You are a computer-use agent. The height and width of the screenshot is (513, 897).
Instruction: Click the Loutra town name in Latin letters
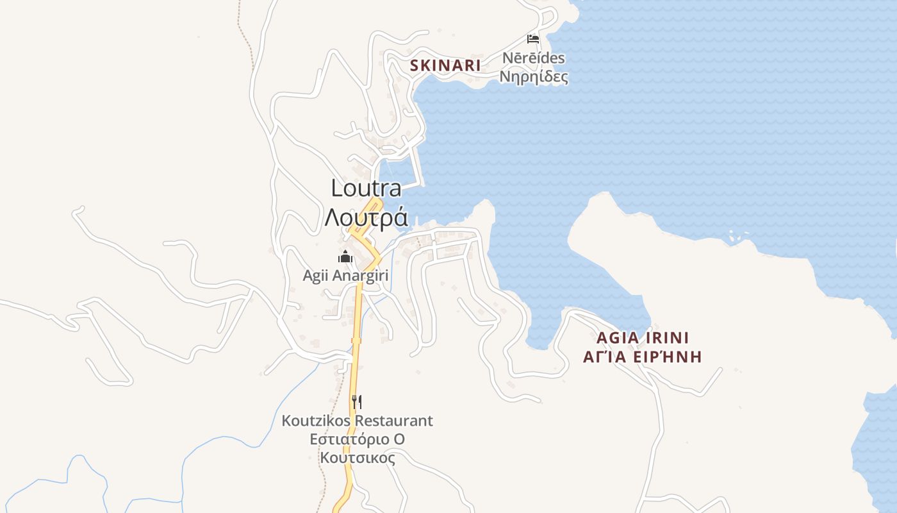point(366,188)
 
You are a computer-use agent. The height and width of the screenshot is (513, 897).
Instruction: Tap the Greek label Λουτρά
point(366,217)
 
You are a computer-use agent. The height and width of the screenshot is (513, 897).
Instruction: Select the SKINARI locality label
point(445,65)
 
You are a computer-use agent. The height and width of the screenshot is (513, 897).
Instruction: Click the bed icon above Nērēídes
point(532,39)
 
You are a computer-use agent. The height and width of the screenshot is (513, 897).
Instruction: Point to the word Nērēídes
point(533,58)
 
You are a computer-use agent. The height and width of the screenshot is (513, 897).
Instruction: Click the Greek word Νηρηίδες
point(533,77)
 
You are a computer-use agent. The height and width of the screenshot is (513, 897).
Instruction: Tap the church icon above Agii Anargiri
point(345,257)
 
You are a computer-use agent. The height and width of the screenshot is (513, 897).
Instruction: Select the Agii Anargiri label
point(345,276)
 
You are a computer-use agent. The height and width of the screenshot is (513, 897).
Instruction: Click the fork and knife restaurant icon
point(357,402)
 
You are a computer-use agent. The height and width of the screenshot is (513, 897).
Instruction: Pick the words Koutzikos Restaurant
point(357,421)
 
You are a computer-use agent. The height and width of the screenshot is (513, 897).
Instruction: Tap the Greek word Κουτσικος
point(357,458)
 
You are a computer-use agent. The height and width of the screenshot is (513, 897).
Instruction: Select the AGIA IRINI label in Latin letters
point(642,338)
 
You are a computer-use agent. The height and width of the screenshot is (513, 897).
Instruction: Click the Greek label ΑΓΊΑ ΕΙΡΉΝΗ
point(642,357)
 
